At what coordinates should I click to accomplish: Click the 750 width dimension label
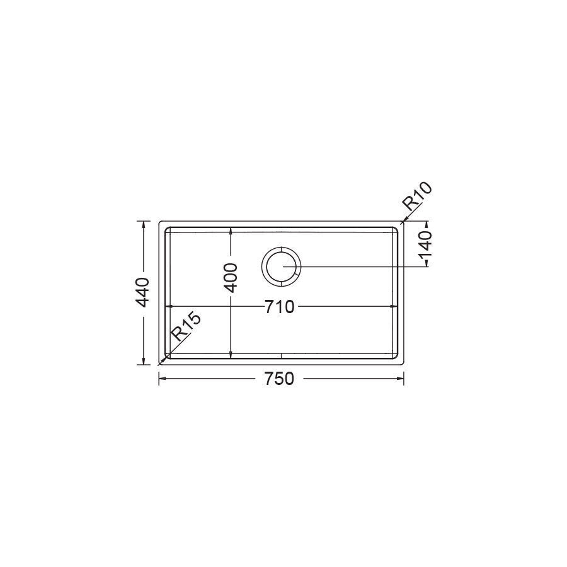(279, 379)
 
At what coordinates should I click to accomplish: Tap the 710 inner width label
(280, 307)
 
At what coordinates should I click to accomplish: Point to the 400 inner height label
(231, 278)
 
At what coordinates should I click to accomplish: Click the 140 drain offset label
(426, 244)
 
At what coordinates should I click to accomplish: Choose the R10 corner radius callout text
(417, 197)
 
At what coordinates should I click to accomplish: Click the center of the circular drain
(281, 266)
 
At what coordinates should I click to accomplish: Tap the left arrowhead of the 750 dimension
(162, 379)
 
